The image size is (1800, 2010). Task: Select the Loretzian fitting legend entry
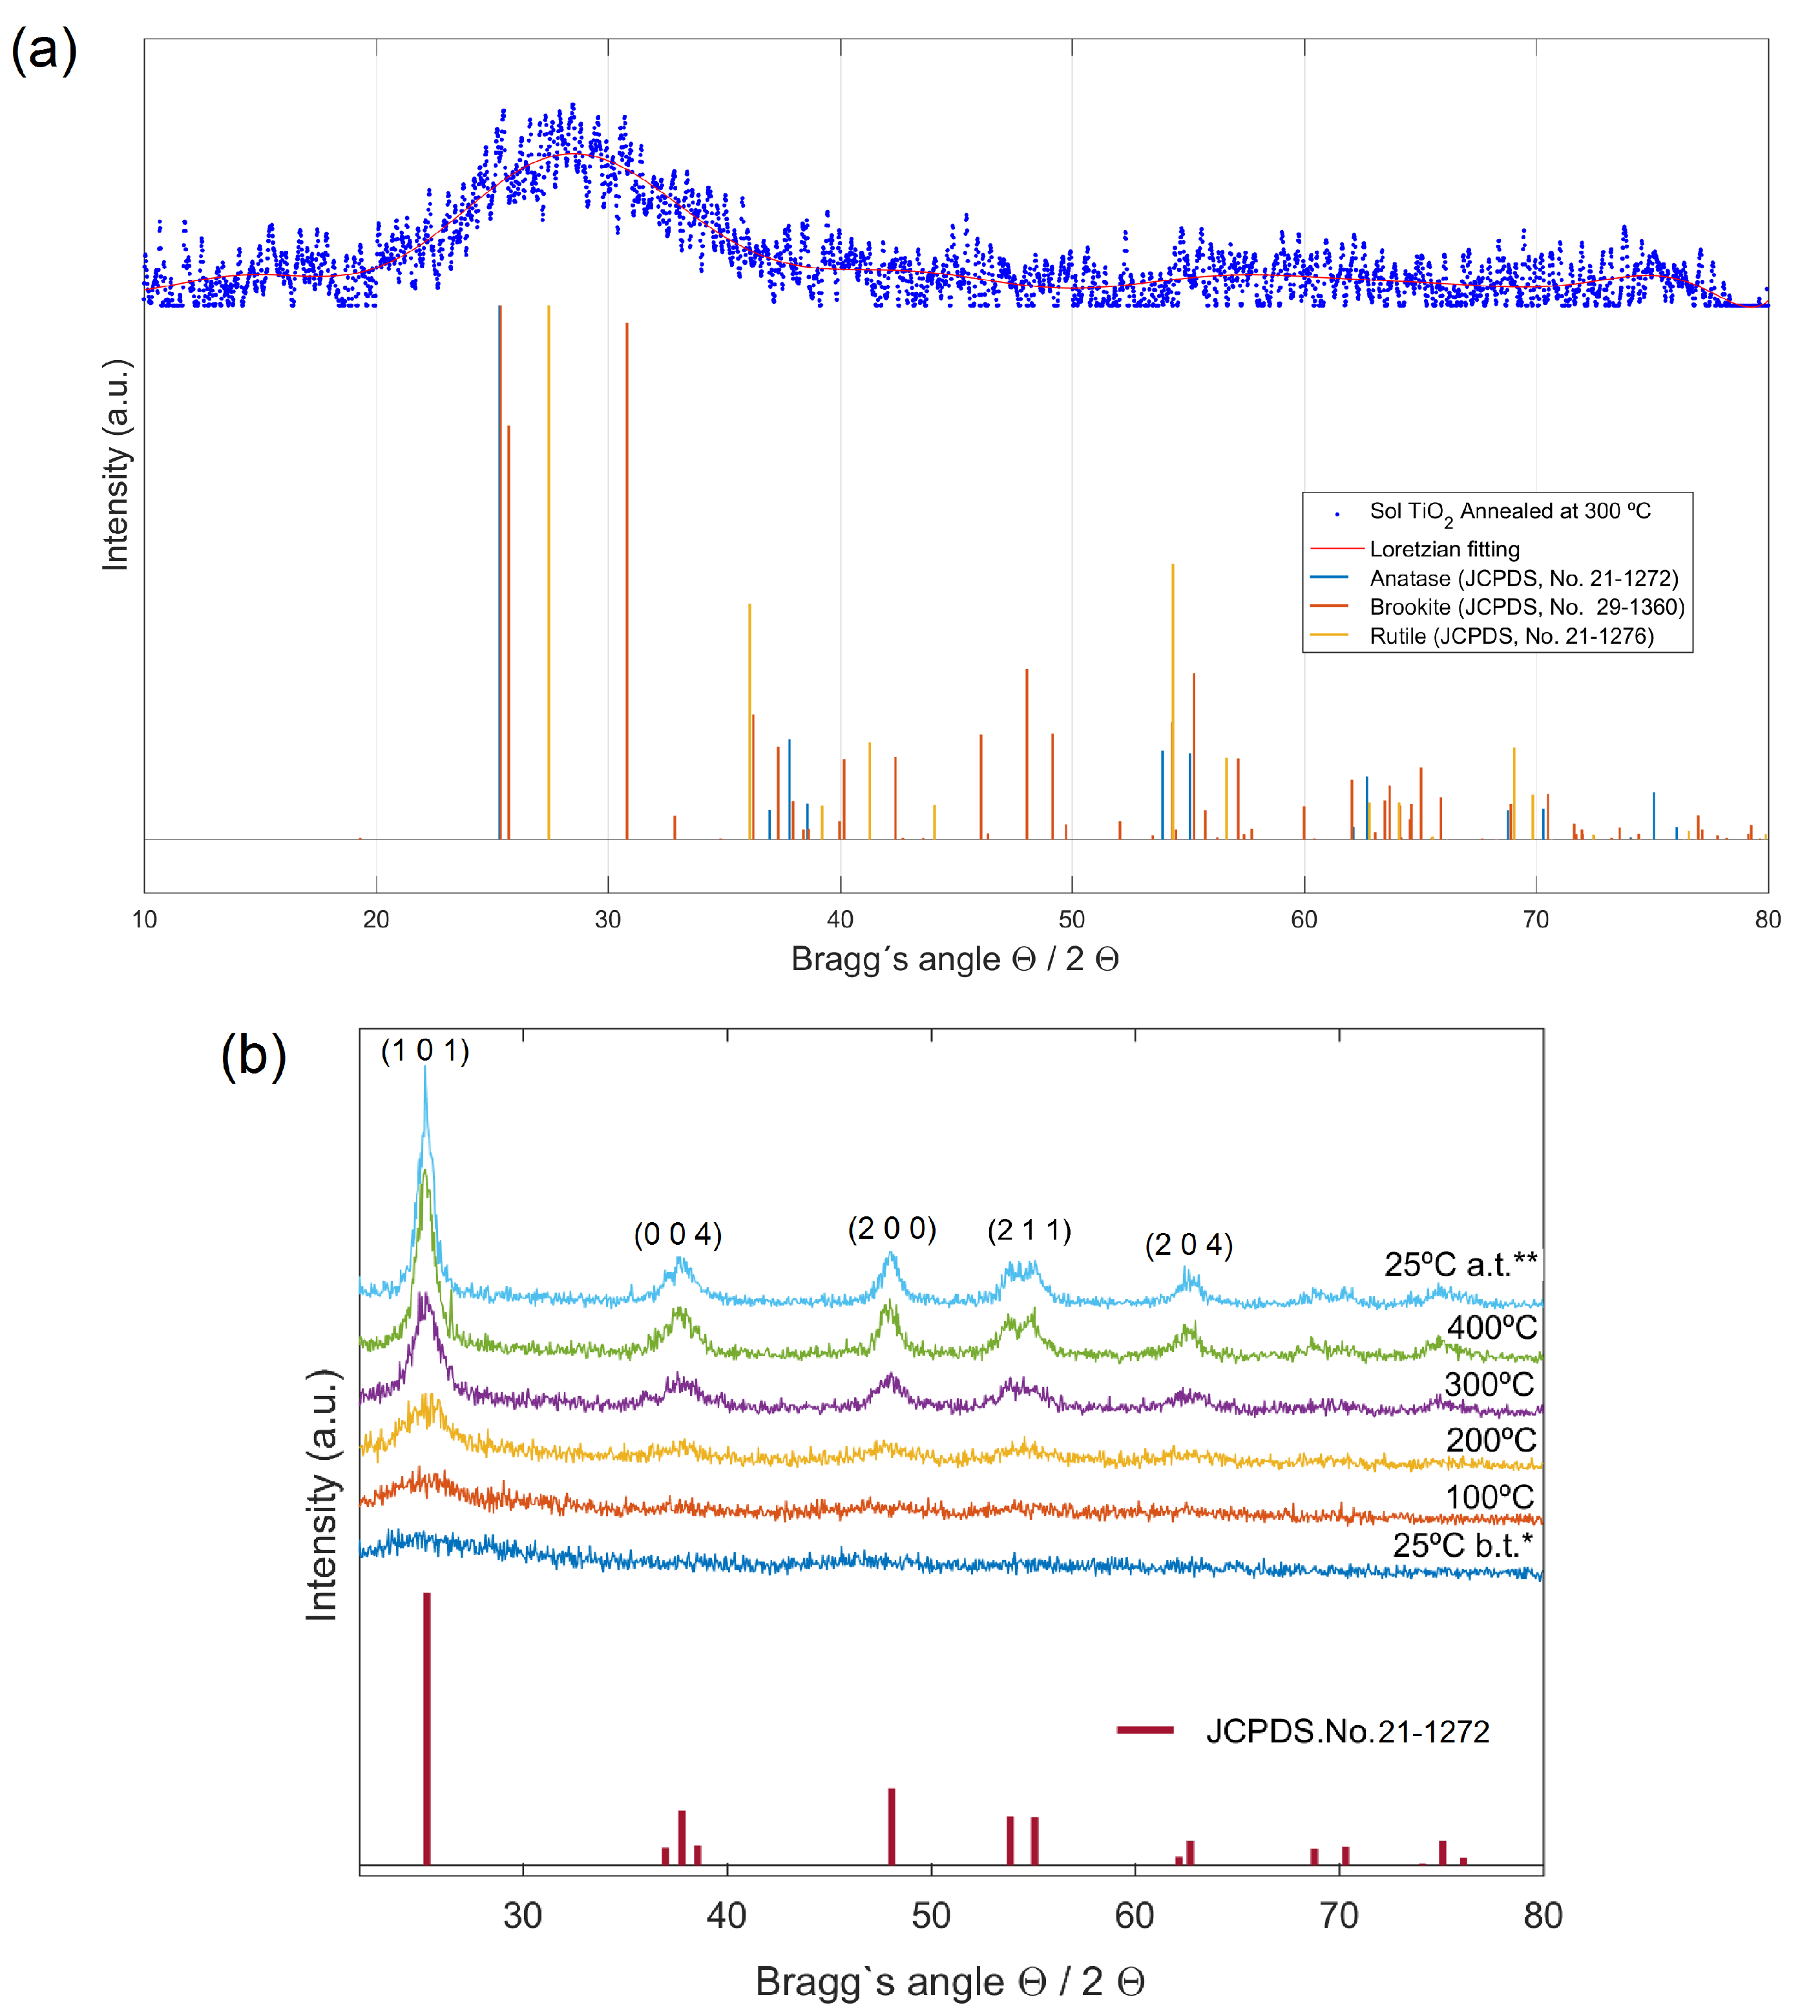(x=1444, y=549)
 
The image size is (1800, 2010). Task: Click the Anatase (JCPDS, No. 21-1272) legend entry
(x=1523, y=578)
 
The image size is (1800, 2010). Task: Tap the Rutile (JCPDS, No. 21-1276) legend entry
(x=1511, y=636)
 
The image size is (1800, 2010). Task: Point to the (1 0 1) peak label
(x=425, y=1050)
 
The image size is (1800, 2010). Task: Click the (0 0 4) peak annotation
(x=678, y=1234)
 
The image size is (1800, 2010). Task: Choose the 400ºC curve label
(x=1491, y=1328)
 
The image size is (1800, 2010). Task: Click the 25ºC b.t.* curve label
(x=1461, y=1545)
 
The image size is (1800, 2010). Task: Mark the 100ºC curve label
(x=1489, y=1497)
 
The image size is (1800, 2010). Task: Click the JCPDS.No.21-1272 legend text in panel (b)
(x=1347, y=1731)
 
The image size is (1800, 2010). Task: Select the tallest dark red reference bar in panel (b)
(x=426, y=1731)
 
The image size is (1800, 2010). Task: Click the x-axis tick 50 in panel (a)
(x=1071, y=920)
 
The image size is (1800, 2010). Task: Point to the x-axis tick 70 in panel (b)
(x=1339, y=1916)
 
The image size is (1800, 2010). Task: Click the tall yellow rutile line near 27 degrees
(x=549, y=574)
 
